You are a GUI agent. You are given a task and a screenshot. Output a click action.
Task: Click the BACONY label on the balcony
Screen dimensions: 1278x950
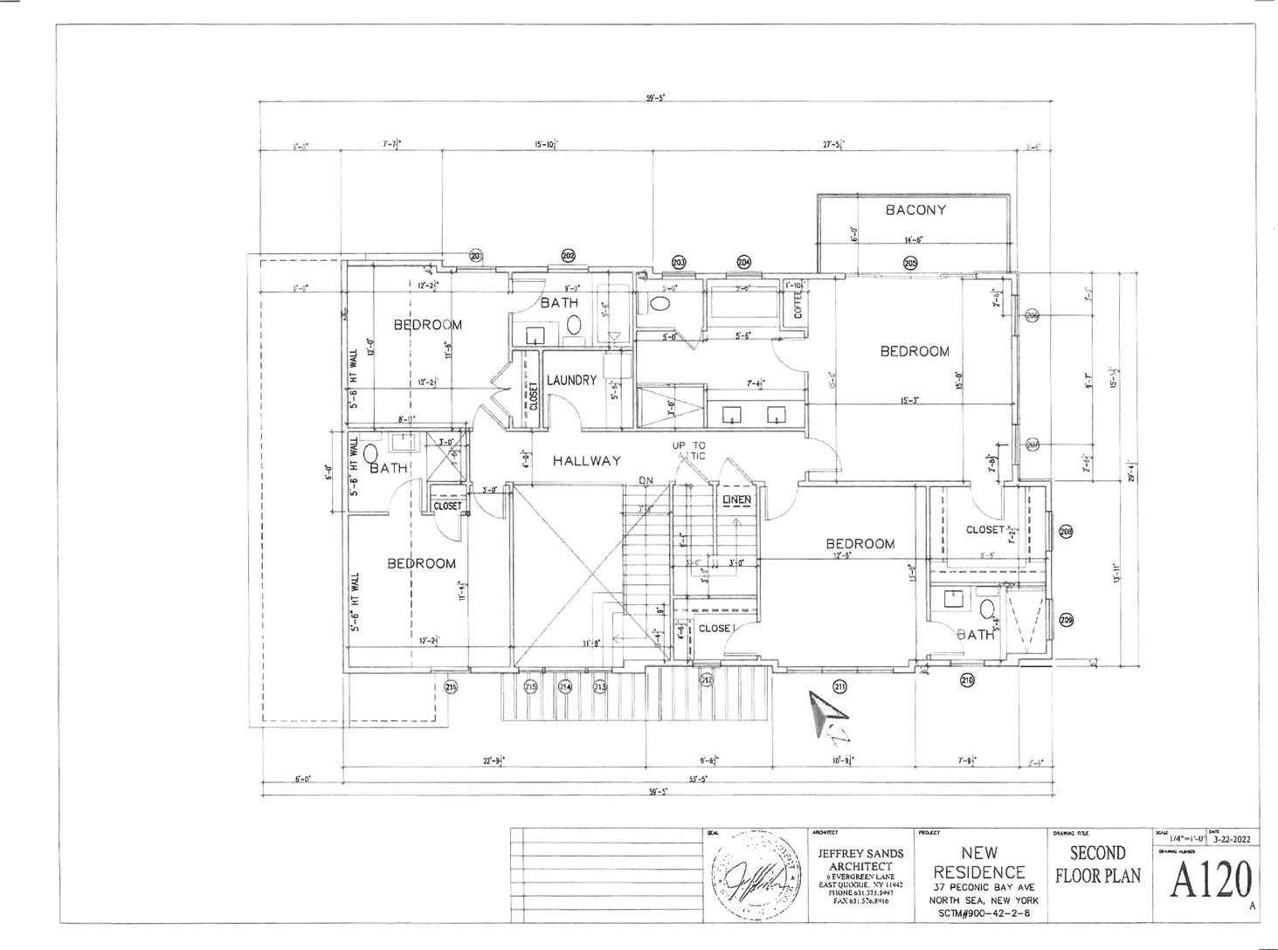pyautogui.click(x=915, y=210)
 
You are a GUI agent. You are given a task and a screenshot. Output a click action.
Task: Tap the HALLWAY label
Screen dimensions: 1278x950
pyautogui.click(x=586, y=461)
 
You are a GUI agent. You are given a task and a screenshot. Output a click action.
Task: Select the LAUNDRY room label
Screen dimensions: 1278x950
pyautogui.click(x=571, y=380)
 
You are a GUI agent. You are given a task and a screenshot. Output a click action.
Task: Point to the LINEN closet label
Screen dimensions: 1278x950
pyautogui.click(x=736, y=499)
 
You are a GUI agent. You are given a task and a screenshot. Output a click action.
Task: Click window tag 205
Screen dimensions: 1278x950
pyautogui.click(x=909, y=263)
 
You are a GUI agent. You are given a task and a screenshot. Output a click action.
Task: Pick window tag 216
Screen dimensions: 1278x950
pyautogui.click(x=451, y=686)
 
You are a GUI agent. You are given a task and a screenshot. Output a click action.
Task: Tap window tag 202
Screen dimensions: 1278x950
pyautogui.click(x=568, y=256)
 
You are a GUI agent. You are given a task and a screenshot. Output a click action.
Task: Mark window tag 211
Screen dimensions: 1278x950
pyautogui.click(x=839, y=685)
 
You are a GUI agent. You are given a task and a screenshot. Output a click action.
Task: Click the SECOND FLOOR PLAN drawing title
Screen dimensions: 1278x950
pyautogui.click(x=1097, y=864)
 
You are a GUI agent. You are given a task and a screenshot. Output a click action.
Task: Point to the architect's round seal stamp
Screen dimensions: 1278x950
pyautogui.click(x=756, y=875)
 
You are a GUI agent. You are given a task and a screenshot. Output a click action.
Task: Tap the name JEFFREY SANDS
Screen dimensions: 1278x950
pyautogui.click(x=860, y=853)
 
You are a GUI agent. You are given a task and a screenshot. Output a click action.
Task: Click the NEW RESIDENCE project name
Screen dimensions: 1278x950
pyautogui.click(x=979, y=862)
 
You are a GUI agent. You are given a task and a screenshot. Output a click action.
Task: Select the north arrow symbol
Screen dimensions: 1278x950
pyautogui.click(x=826, y=717)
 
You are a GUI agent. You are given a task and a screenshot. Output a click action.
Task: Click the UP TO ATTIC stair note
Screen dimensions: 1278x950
pyautogui.click(x=688, y=451)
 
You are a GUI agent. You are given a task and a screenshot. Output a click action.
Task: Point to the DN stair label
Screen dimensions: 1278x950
pyautogui.click(x=646, y=480)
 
